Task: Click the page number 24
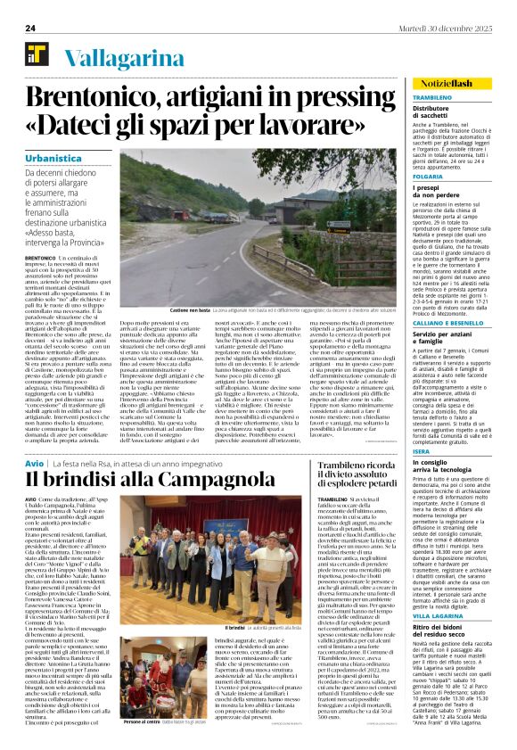click(29, 28)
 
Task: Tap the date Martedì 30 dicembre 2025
click(442, 28)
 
